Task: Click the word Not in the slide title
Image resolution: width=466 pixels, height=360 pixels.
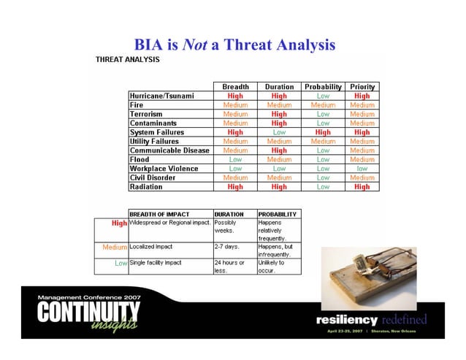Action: (194, 45)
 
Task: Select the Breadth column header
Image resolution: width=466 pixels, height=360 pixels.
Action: (235, 87)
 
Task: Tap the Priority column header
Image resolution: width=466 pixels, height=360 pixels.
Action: (362, 87)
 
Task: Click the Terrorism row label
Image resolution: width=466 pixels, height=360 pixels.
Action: (147, 114)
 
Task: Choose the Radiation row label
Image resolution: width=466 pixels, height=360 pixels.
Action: (146, 186)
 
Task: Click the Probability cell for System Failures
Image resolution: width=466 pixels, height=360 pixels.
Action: (323, 132)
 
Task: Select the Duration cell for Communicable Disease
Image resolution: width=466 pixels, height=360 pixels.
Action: (279, 150)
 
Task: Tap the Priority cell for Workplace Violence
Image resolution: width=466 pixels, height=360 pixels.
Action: (362, 168)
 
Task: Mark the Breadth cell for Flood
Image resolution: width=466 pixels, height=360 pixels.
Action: (235, 159)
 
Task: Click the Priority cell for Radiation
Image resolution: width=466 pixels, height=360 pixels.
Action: (362, 186)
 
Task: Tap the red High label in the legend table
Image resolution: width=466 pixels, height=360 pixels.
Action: (119, 223)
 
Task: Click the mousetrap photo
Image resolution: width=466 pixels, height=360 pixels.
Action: (368, 269)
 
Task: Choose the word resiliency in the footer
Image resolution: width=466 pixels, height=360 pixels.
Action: (346, 319)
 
